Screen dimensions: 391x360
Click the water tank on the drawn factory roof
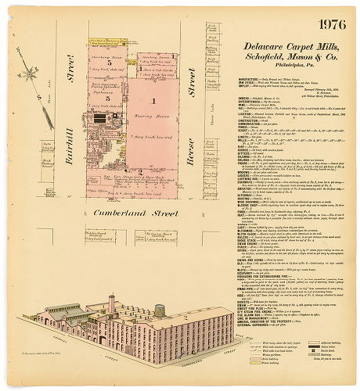pos(160,313)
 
